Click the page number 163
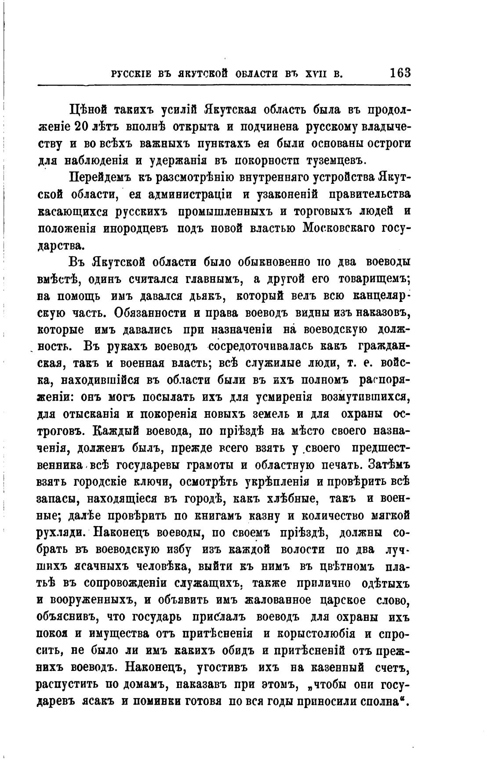399,72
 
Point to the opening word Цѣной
88,110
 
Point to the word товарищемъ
374,279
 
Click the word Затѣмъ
389,464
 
